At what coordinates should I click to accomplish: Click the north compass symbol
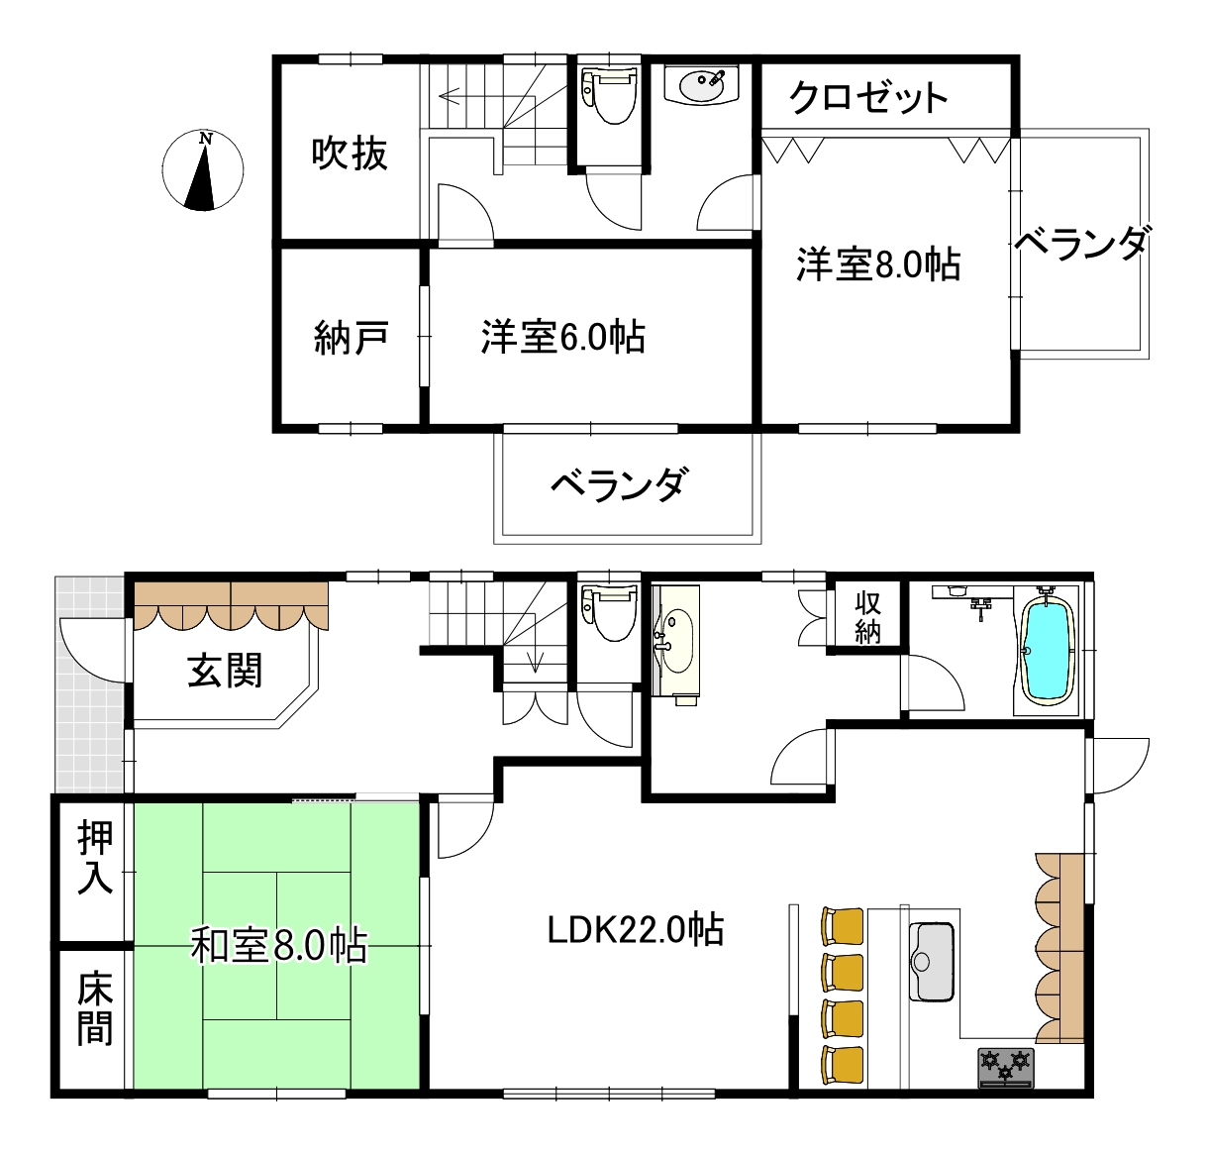tap(203, 170)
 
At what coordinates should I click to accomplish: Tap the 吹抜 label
tap(349, 154)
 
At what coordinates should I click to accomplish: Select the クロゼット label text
tap(868, 97)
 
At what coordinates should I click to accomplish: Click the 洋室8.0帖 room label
tap(878, 264)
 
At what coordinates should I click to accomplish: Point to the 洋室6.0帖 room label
tap(563, 337)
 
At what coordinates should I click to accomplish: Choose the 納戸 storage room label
tap(350, 339)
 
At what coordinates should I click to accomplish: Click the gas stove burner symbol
tap(1006, 1067)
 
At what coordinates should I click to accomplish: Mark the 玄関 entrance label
tap(226, 671)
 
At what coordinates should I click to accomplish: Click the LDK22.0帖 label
tap(636, 929)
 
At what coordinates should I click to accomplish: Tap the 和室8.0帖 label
tap(278, 945)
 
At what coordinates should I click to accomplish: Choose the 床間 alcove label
tap(95, 1009)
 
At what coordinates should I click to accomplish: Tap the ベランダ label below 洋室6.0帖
tap(618, 484)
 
